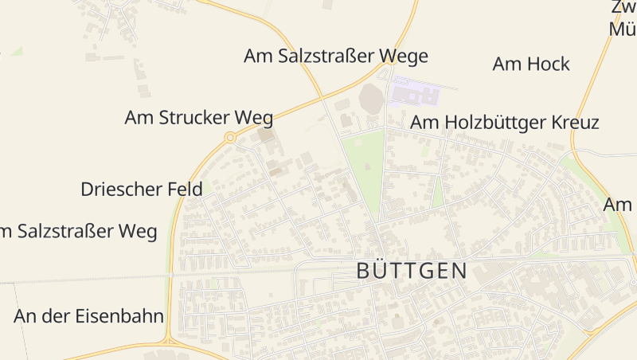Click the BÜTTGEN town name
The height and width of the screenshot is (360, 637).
click(x=412, y=271)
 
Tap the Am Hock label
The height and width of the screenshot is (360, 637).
click(x=531, y=64)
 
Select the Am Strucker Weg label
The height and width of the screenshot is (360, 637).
click(x=198, y=118)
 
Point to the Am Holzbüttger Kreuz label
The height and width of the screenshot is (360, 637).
click(x=504, y=123)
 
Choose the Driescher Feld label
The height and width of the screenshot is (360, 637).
click(x=142, y=190)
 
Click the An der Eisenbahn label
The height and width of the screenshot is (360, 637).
click(x=88, y=316)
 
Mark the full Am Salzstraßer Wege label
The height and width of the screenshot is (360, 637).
click(x=335, y=57)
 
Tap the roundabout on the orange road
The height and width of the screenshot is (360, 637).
click(x=230, y=138)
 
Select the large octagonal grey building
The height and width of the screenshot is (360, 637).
click(x=370, y=100)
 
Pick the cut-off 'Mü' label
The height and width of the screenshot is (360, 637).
click(x=623, y=29)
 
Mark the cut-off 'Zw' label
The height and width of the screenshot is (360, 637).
click(x=623, y=8)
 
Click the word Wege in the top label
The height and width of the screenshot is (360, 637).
click(x=401, y=57)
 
